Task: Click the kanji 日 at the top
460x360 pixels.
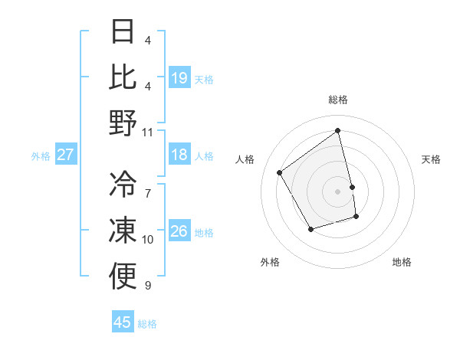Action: click(123, 31)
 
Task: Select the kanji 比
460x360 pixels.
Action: click(123, 77)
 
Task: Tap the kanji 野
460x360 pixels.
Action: click(123, 123)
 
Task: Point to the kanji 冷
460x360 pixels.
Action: click(123, 185)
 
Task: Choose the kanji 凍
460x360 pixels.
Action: click(123, 231)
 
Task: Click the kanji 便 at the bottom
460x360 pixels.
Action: click(123, 276)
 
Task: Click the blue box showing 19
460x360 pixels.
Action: click(179, 78)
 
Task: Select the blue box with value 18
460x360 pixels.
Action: click(179, 155)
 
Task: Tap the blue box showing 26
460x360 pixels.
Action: click(179, 231)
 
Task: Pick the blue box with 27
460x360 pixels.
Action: click(66, 155)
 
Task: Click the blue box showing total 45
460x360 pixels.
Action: click(123, 322)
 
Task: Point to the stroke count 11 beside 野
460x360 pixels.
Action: click(148, 132)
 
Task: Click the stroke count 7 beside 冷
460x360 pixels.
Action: click(148, 185)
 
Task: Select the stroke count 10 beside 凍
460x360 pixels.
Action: click(148, 240)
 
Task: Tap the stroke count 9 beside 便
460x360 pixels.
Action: click(148, 286)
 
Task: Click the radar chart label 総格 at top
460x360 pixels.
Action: click(338, 100)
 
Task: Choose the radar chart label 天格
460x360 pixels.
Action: click(432, 159)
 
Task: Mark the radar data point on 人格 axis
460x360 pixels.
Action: click(280, 173)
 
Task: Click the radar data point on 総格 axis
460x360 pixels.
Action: click(338, 131)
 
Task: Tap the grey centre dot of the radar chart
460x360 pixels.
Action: click(338, 191)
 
